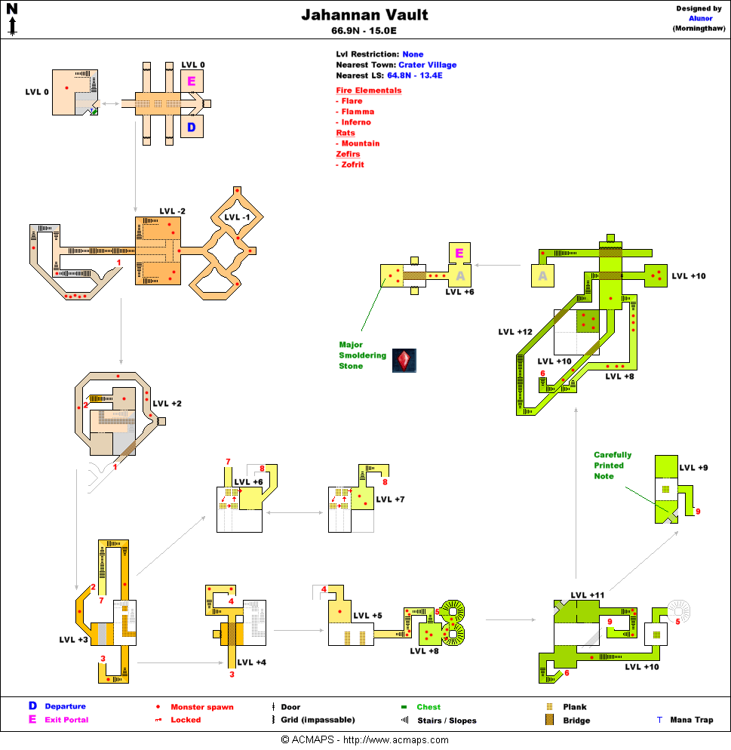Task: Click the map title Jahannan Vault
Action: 365,15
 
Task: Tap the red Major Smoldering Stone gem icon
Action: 404,361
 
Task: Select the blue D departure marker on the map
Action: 192,128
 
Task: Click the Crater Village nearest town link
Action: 427,65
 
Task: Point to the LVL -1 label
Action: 238,217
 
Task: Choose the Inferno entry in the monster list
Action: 355,122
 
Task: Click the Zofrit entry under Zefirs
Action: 352,164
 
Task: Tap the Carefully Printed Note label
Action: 613,466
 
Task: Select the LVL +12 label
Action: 515,332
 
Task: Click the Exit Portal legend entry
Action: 66,720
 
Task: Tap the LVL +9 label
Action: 693,468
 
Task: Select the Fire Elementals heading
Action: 368,91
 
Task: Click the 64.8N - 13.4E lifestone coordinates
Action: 414,75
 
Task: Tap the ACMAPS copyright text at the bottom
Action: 365,740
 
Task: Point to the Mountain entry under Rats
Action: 360,143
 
